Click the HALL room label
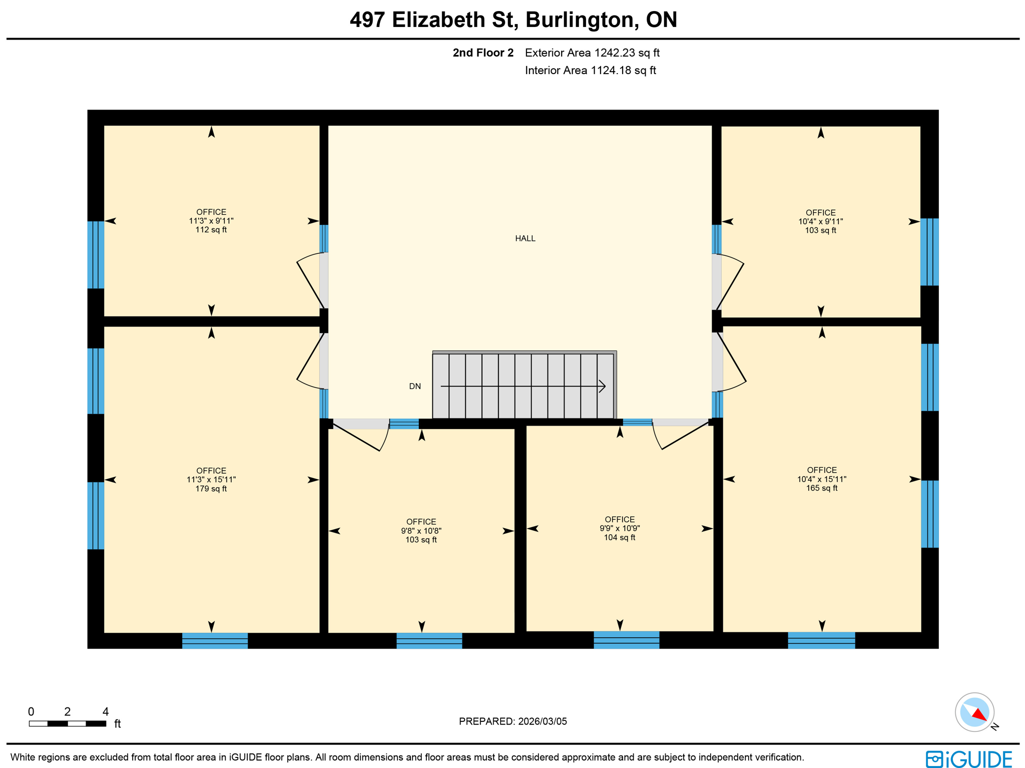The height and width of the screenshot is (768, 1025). [x=525, y=238]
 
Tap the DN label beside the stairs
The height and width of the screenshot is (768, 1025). [x=414, y=386]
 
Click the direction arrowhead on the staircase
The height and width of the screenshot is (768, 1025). [x=602, y=386]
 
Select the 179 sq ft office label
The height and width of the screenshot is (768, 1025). [x=211, y=480]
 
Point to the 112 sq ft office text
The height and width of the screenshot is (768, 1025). [x=211, y=221]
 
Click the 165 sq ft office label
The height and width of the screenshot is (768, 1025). [x=821, y=479]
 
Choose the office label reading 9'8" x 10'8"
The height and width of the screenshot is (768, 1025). [x=421, y=531]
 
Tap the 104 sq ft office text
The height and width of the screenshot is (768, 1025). [x=620, y=529]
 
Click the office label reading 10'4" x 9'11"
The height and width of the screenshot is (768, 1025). [x=820, y=221]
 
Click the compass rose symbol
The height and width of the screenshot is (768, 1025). [x=974, y=712]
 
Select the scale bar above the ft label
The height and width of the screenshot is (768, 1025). [x=68, y=723]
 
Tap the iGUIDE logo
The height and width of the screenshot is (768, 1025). [x=969, y=759]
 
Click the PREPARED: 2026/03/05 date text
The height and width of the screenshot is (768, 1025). [x=512, y=721]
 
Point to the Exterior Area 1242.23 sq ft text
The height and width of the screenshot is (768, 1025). [x=592, y=53]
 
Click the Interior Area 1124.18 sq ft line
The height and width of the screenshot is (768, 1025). [x=590, y=70]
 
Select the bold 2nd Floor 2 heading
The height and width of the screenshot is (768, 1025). [x=483, y=53]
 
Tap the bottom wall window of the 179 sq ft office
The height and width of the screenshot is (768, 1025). [x=215, y=641]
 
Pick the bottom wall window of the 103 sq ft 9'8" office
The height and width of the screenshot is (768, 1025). [x=429, y=641]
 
